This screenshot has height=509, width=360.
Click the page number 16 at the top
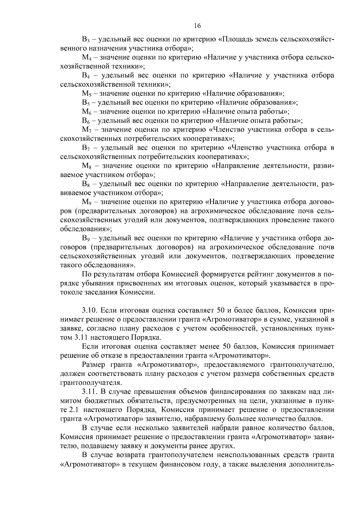[197, 26]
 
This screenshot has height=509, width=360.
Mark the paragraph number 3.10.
[89, 310]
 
